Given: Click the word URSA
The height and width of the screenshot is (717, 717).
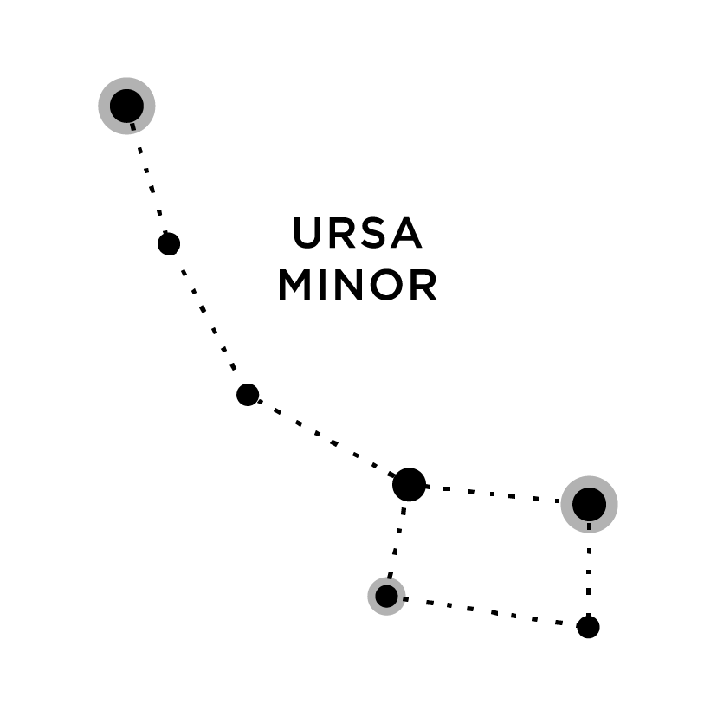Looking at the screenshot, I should (357, 234).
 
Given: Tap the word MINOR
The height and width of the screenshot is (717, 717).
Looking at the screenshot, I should (357, 287).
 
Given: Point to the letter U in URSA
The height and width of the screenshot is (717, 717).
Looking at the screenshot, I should (308, 234).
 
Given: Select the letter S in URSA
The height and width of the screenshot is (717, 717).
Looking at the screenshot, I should (375, 234).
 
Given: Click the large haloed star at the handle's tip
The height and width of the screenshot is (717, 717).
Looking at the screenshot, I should (126, 106).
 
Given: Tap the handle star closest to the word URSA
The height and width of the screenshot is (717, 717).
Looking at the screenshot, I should (169, 243).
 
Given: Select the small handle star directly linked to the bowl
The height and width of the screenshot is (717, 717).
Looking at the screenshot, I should (248, 395).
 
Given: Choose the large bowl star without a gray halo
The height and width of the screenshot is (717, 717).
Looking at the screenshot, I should (409, 485).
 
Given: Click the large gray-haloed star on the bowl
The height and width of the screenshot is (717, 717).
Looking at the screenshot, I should (589, 503).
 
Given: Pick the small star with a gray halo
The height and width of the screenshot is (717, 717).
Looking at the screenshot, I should (386, 596).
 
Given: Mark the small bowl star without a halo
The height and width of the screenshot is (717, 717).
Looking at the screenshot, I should (588, 627).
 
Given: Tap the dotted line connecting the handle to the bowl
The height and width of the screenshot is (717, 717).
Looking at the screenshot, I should (327, 440).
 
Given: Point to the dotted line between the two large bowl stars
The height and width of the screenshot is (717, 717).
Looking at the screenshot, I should (498, 494).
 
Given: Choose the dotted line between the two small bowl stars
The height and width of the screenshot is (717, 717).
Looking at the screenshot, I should (487, 611).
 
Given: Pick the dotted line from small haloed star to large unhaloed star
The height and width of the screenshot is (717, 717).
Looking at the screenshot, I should (397, 541).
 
